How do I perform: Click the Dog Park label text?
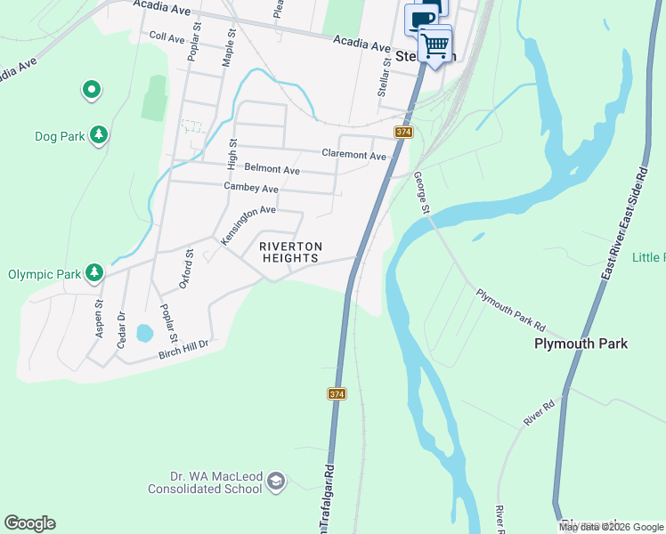coord(59,136)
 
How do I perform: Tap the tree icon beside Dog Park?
coord(100,135)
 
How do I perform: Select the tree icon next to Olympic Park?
coord(93,272)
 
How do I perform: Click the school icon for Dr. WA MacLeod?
coord(277,481)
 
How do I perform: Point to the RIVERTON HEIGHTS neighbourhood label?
coord(289,252)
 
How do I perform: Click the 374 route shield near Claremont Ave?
coord(403,132)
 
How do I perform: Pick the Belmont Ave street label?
coord(272,169)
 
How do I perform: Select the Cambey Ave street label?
coord(251,189)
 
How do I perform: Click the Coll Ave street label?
coord(166,37)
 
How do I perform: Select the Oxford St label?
coord(188,269)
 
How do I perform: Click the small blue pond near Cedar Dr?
coord(143,334)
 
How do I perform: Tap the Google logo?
coord(29,523)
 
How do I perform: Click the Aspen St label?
coord(99,316)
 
